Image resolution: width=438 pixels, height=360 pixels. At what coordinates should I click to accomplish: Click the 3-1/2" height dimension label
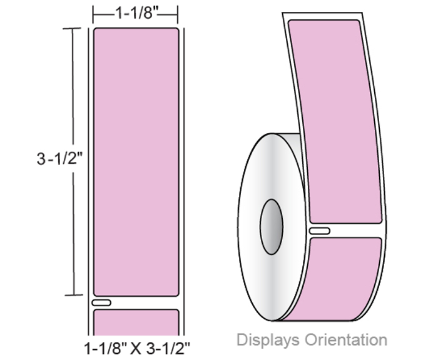(x=60, y=159)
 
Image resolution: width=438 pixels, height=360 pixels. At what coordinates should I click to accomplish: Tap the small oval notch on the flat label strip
(x=101, y=302)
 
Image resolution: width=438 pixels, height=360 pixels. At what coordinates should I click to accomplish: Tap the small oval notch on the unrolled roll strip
(x=320, y=231)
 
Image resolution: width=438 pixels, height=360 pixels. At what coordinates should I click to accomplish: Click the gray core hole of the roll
(x=271, y=227)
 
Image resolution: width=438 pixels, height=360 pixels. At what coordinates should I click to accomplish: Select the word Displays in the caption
(x=268, y=340)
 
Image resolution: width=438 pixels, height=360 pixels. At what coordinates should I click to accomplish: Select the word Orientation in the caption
(x=346, y=339)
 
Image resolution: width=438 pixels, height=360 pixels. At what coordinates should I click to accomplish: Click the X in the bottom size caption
(x=136, y=349)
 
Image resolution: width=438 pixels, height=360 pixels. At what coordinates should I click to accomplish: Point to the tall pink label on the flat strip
(x=136, y=162)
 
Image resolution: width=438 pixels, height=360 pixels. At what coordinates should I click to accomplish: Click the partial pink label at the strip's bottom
(x=136, y=322)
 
